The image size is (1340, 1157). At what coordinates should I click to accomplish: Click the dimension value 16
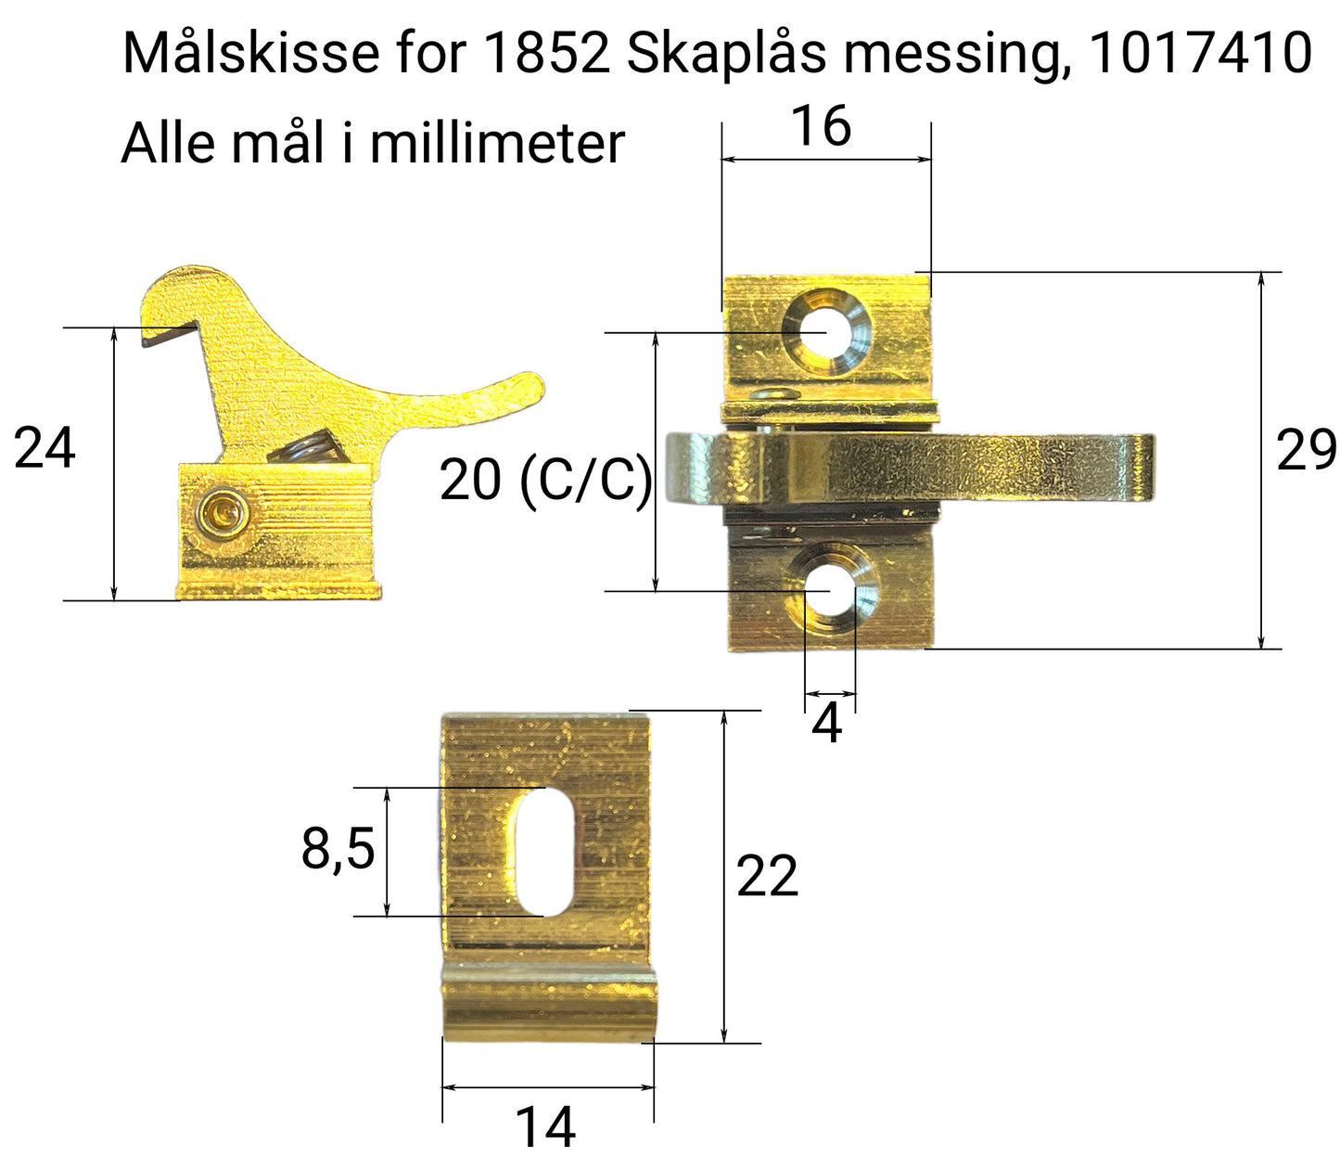pyautogui.click(x=821, y=127)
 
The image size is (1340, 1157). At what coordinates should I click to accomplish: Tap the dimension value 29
pyautogui.click(x=1306, y=451)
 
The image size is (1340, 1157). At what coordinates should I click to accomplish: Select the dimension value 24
pyautogui.click(x=45, y=449)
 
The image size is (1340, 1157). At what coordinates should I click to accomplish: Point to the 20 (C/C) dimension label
pyautogui.click(x=545, y=481)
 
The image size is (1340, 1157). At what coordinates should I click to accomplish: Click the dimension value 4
pyautogui.click(x=826, y=725)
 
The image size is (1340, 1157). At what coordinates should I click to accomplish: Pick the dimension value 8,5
pyautogui.click(x=338, y=848)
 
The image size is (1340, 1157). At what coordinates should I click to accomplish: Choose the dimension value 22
pyautogui.click(x=766, y=877)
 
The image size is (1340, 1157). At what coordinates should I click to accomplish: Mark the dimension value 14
pyautogui.click(x=545, y=1126)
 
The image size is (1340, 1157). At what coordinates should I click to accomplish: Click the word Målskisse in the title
pyautogui.click(x=250, y=54)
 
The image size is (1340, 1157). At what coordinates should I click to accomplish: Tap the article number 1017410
pyautogui.click(x=1200, y=54)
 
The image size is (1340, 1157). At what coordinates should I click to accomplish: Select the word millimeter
pyautogui.click(x=497, y=144)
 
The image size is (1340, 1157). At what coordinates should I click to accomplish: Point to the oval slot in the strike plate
pyautogui.click(x=544, y=852)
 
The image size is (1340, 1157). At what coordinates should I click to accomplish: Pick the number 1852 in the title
pyautogui.click(x=546, y=54)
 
